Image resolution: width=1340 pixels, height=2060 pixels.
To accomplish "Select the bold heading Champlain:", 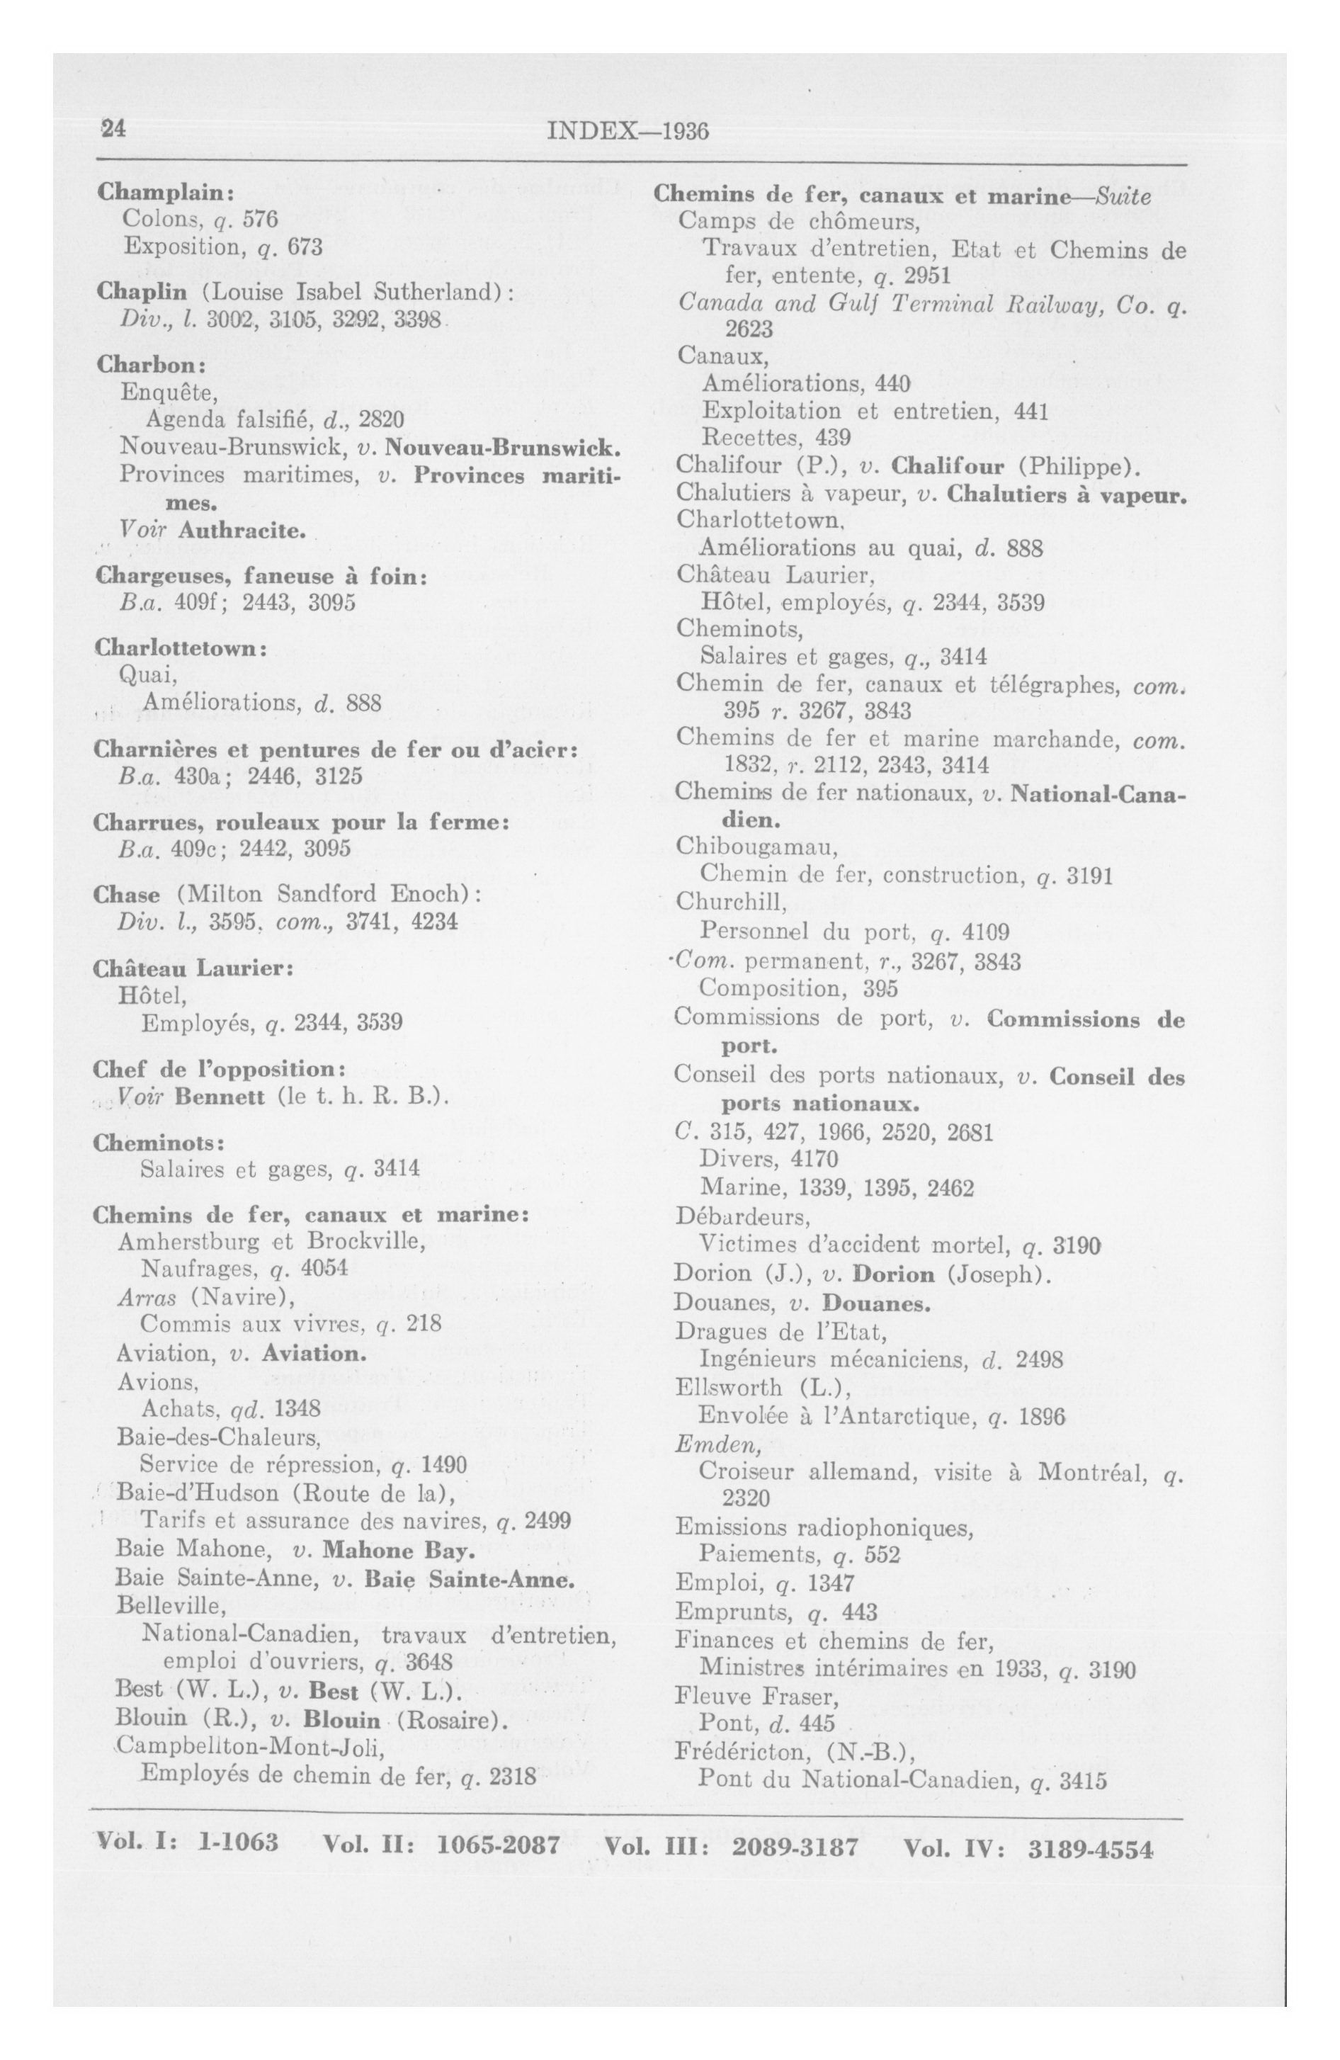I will [x=161, y=191].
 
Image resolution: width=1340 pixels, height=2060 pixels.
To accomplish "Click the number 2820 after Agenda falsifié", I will [x=382, y=420].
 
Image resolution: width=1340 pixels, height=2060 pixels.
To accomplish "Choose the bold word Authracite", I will [x=242, y=529].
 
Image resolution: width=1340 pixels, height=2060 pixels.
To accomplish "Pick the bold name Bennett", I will [x=219, y=1097].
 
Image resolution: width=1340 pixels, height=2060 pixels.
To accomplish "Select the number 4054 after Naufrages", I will [x=324, y=1269].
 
